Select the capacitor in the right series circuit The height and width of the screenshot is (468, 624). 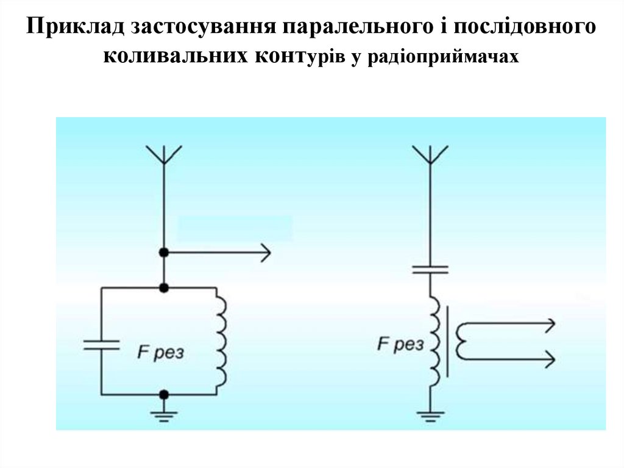[x=430, y=268]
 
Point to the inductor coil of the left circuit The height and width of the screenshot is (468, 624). [x=221, y=340]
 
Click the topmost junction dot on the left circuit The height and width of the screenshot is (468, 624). [x=164, y=252]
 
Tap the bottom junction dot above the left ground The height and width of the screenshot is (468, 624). [x=164, y=395]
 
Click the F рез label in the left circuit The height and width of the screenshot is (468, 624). [x=161, y=353]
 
